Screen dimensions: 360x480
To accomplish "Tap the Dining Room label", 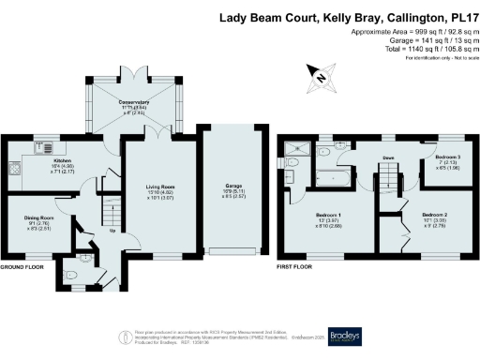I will coord(37,217).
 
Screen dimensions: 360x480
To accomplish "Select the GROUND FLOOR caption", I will coord(22,267).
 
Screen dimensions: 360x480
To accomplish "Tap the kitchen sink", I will coord(42,141).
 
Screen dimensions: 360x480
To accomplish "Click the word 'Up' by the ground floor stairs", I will coord(113,231).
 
